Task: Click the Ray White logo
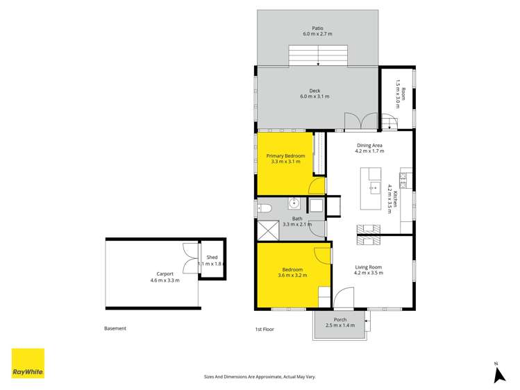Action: click(x=28, y=363)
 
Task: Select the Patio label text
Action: click(x=317, y=28)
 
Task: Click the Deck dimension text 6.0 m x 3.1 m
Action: click(x=314, y=96)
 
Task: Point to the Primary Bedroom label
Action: click(x=285, y=156)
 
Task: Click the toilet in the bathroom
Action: click(x=265, y=207)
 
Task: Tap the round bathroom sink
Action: click(x=294, y=203)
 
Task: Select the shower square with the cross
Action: click(x=267, y=230)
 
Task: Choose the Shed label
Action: click(x=212, y=257)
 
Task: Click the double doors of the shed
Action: click(x=189, y=260)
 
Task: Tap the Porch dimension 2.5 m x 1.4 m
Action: click(x=340, y=325)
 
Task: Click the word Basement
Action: click(x=115, y=329)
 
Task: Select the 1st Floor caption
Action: click(x=265, y=329)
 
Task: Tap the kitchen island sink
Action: click(x=373, y=187)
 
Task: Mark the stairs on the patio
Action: click(x=317, y=55)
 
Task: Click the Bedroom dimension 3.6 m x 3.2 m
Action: click(x=292, y=275)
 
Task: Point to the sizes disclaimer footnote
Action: click(x=260, y=376)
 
